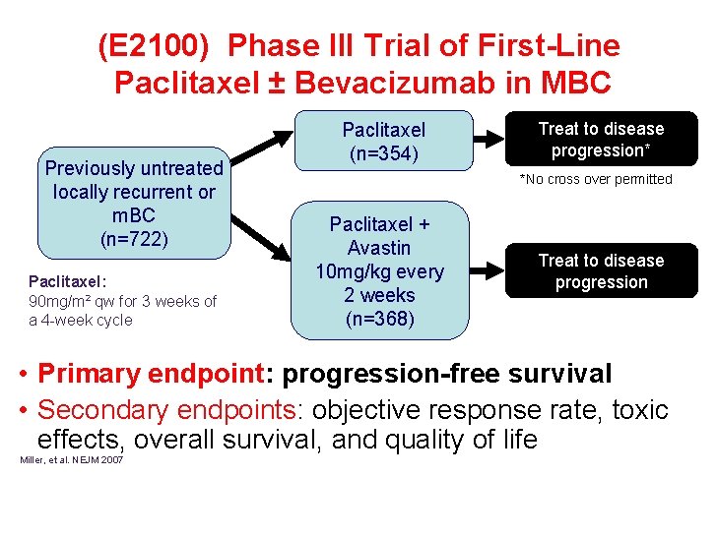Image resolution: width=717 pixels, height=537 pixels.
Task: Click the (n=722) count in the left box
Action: pos(134,239)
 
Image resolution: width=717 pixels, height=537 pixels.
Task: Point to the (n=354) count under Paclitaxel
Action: pos(383,153)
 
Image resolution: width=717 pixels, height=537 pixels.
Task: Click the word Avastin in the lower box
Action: pos(379,248)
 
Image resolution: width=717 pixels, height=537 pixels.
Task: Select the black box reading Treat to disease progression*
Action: pos(601,140)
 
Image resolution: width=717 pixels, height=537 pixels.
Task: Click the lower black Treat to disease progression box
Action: pos(601,271)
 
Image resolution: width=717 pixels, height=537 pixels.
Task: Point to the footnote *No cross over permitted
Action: pos(596,179)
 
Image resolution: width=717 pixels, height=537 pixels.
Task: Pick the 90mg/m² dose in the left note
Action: pos(58,301)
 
